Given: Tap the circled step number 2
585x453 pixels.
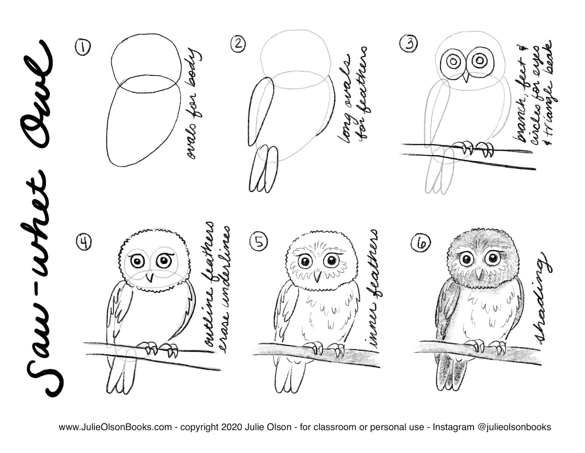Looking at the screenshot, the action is click(x=238, y=44).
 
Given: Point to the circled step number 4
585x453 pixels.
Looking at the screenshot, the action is click(x=84, y=241).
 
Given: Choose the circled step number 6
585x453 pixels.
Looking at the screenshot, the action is click(x=420, y=242).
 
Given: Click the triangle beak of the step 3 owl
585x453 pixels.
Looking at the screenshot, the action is click(x=465, y=77).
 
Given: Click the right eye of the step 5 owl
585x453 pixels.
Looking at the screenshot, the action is click(x=332, y=261).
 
